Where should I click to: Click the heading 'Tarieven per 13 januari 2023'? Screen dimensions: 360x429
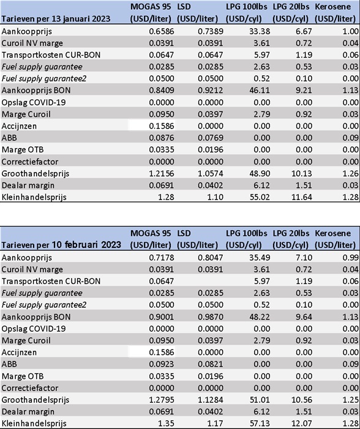56,18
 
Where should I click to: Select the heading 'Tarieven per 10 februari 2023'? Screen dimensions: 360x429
61,245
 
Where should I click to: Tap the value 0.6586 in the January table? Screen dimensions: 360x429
162,31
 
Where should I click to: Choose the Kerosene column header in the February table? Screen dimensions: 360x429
335,239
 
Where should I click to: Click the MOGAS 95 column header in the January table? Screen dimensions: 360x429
151,13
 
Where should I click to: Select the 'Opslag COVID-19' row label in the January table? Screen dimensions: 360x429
34,102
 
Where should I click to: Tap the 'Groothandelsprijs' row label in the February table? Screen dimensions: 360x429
36,400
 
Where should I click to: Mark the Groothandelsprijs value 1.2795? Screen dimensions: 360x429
162,400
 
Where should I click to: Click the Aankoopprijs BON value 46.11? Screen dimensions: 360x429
260,91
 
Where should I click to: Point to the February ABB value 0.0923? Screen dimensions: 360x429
162,364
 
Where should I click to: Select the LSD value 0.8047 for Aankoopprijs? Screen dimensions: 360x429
211,258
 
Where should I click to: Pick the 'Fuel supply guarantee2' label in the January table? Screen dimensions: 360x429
44,79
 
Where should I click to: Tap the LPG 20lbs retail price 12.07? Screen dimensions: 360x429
301,423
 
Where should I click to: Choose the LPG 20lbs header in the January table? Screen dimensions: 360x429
291,13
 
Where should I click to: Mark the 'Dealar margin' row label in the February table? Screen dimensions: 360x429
28,412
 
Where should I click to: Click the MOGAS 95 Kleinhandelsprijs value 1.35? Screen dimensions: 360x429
166,423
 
